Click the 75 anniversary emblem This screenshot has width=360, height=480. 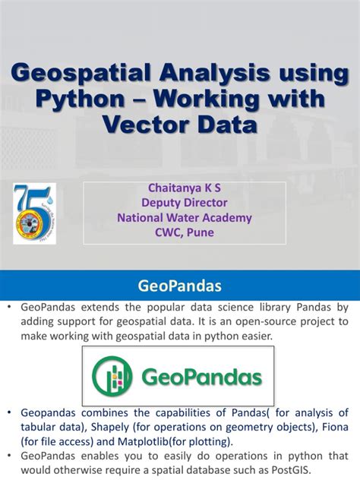click(35, 213)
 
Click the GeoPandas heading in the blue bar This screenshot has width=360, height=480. click(180, 286)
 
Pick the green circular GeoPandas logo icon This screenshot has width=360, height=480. click(112, 377)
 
